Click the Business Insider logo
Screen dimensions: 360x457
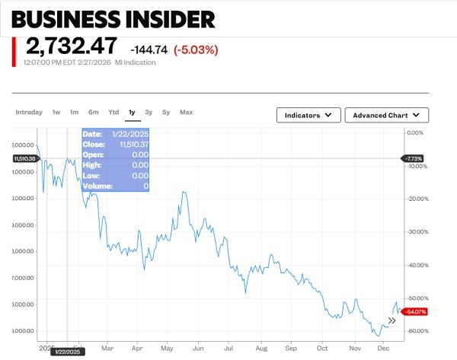pyautogui.click(x=113, y=18)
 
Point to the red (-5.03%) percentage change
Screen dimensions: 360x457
pyautogui.click(x=196, y=50)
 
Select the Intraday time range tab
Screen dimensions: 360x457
pyautogui.click(x=29, y=113)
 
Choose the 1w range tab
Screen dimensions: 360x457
pyautogui.click(x=56, y=113)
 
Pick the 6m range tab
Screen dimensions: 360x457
pyautogui.click(x=93, y=113)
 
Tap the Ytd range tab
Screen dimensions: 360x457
pyautogui.click(x=113, y=113)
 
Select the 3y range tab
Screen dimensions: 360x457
pyautogui.click(x=149, y=113)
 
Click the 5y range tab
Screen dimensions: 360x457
pyautogui.click(x=166, y=113)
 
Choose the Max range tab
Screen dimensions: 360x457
pyautogui.click(x=186, y=113)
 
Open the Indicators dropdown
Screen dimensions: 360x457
pyautogui.click(x=308, y=115)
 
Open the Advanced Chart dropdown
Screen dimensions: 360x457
pyautogui.click(x=387, y=115)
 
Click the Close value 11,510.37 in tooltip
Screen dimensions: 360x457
pyautogui.click(x=133, y=144)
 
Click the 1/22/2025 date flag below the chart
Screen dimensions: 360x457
pyautogui.click(x=67, y=352)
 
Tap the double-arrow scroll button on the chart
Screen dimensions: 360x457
pyautogui.click(x=392, y=320)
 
